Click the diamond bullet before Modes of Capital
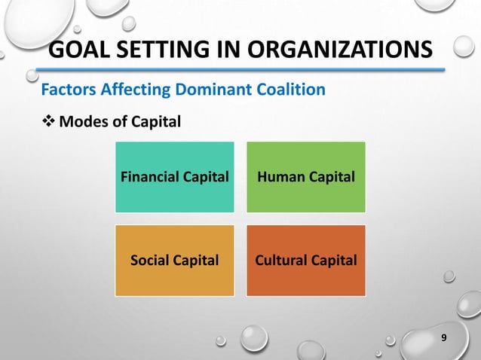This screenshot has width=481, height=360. [47, 120]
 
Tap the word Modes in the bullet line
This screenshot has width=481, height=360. [82, 120]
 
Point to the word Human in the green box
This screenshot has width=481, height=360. [281, 177]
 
